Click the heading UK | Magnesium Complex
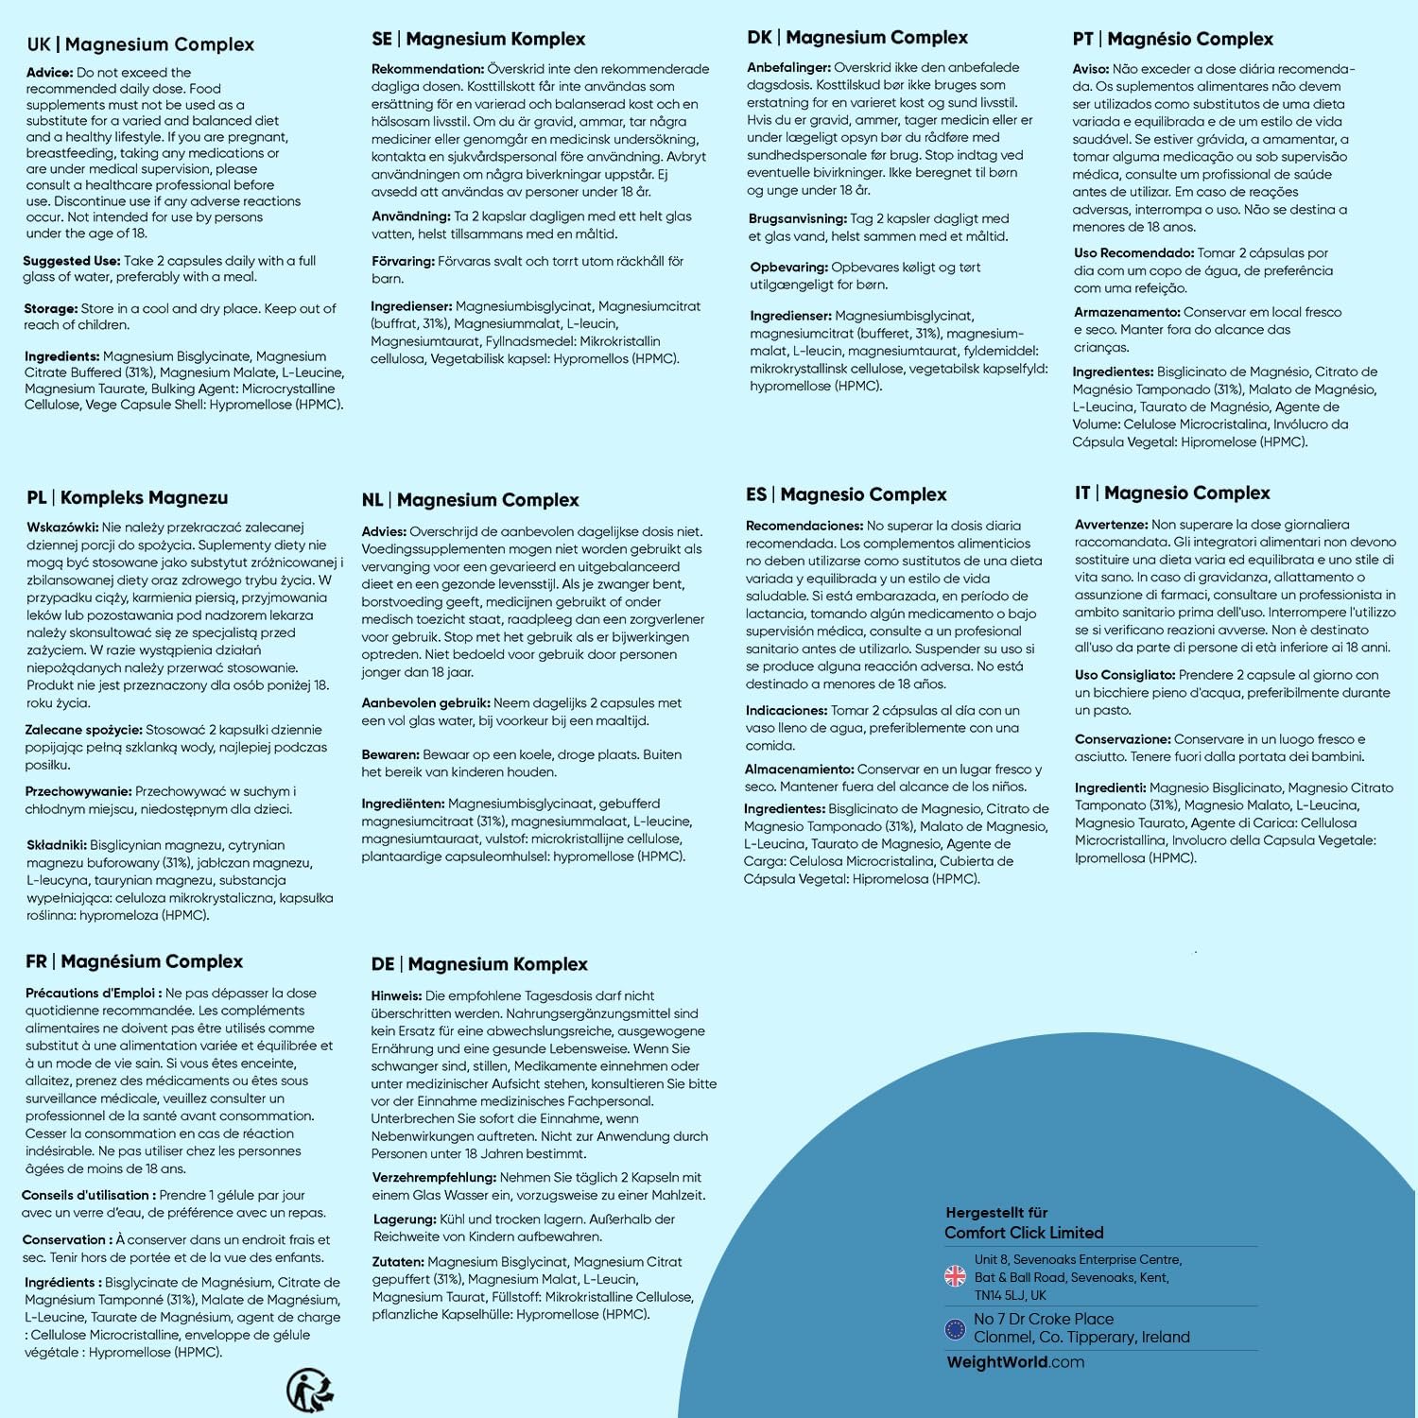click(x=141, y=44)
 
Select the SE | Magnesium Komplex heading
click(x=478, y=39)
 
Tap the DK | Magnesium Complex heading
click(x=857, y=38)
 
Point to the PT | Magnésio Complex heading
click(x=1172, y=39)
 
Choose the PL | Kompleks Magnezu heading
click(x=127, y=497)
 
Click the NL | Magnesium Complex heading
click(x=470, y=500)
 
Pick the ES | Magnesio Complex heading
click(x=846, y=494)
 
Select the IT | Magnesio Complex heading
click(x=1172, y=493)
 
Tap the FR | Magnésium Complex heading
click(x=134, y=961)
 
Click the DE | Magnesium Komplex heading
click(x=479, y=964)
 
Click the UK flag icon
click(x=955, y=1276)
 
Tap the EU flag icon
click(x=955, y=1328)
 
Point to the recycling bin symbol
click(x=310, y=1389)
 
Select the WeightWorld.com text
click(x=1015, y=1362)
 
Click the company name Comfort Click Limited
click(x=1024, y=1233)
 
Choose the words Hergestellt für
click(x=996, y=1213)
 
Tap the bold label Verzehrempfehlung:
click(x=434, y=1178)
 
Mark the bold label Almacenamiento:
click(x=799, y=770)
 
